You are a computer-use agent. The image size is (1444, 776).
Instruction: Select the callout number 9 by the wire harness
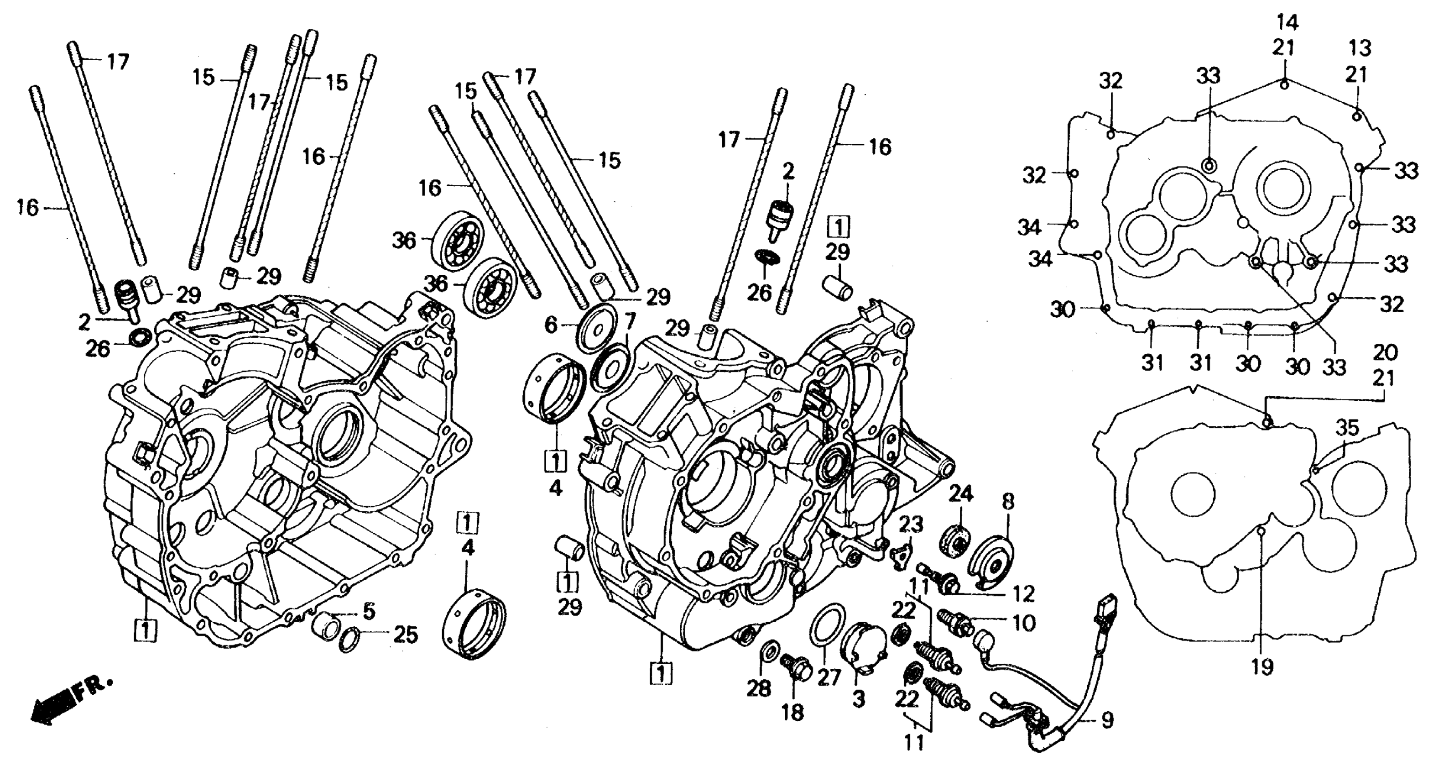1107,720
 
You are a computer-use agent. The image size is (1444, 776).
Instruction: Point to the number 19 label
1262,666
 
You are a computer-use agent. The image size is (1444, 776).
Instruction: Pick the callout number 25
405,635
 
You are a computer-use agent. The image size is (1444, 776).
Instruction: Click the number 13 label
1359,48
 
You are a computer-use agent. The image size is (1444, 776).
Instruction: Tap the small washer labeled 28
770,650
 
